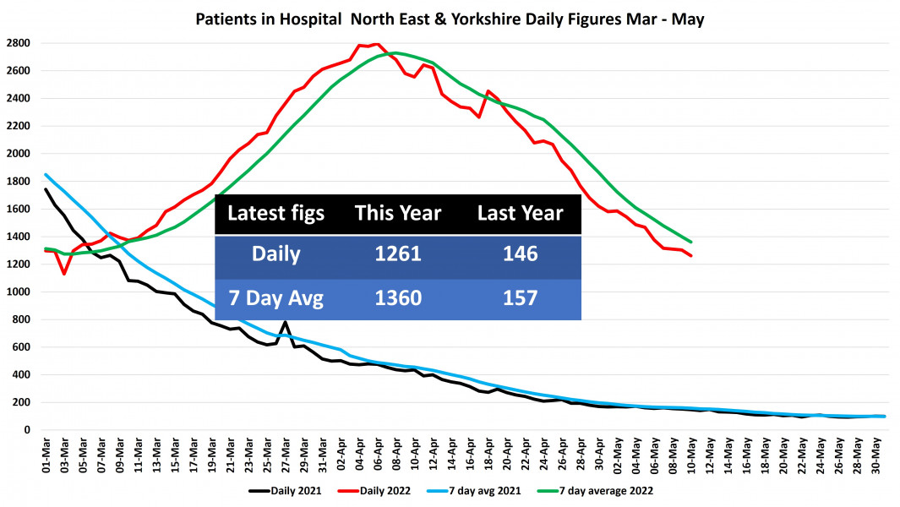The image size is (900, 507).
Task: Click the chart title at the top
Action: point(450,19)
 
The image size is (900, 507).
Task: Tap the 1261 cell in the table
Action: point(398,253)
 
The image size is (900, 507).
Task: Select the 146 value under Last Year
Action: point(520,253)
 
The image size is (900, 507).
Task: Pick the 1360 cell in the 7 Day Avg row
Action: point(398,298)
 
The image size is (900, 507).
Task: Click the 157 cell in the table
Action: point(520,298)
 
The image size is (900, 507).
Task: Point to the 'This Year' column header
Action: point(398,213)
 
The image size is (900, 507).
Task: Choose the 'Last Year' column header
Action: point(520,213)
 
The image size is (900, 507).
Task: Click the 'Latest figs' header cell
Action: point(275,213)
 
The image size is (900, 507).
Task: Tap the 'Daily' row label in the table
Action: point(275,253)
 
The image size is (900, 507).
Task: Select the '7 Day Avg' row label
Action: point(275,298)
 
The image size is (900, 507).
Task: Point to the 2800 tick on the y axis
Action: point(19,43)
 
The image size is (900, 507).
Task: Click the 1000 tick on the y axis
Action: point(19,292)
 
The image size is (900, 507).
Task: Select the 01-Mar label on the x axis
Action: point(46,451)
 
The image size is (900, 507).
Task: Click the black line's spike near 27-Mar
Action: point(286,322)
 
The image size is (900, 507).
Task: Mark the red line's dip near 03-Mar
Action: point(64,274)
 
